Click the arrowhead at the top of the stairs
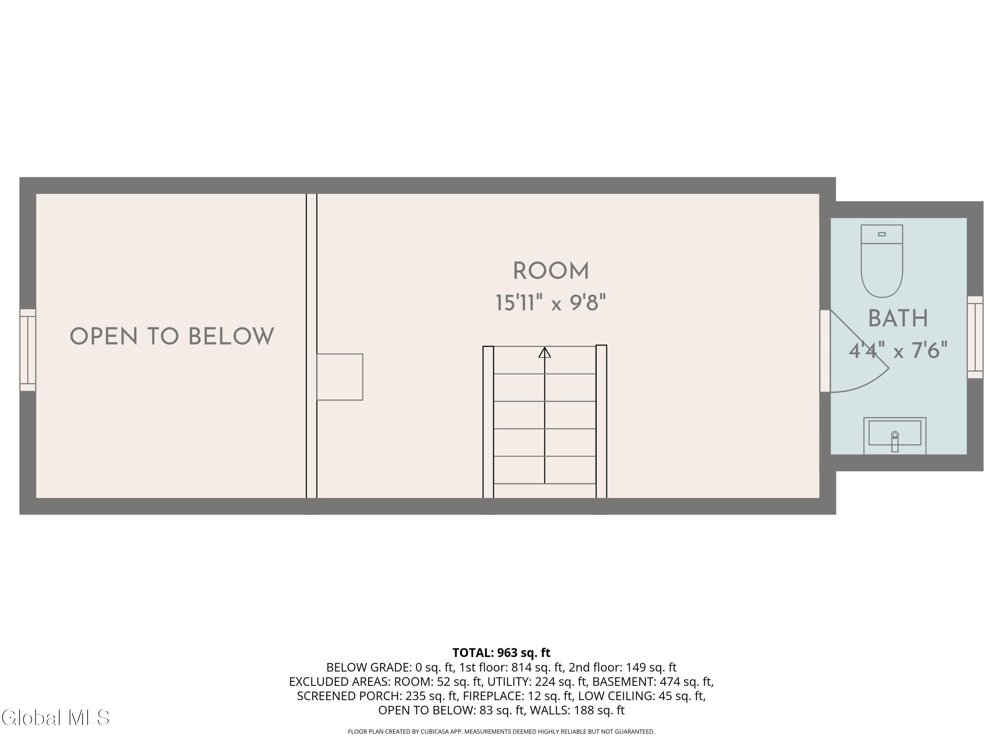[x=545, y=352]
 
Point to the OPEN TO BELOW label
[x=172, y=337]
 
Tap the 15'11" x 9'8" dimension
[x=550, y=303]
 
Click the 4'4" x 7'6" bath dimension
[x=898, y=350]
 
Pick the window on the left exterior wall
[x=28, y=350]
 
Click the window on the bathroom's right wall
[x=975, y=337]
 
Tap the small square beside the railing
[x=340, y=377]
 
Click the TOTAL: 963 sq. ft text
[x=501, y=652]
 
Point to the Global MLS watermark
[x=55, y=718]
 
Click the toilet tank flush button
[x=882, y=234]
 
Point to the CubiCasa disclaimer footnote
[x=501, y=731]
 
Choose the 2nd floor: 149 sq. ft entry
[x=622, y=667]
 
